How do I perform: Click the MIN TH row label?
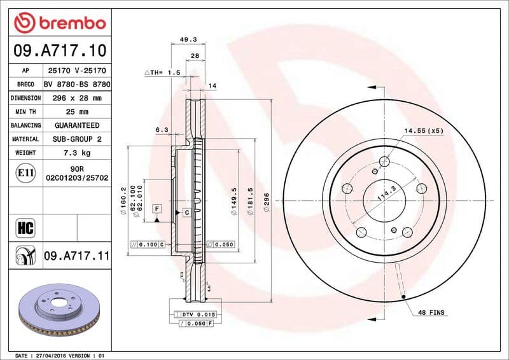26,112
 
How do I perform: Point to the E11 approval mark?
26,172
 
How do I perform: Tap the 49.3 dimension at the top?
188,39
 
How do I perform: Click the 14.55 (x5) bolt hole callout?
422,130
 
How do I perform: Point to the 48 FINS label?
431,313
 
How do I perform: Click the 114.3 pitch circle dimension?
386,193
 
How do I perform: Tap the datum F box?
156,208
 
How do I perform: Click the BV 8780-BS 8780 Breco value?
77,84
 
